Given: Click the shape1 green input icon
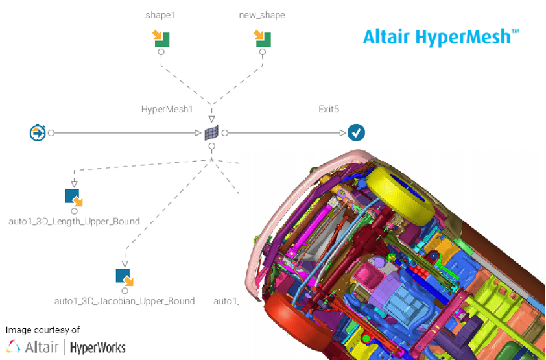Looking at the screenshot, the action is click(x=161, y=38).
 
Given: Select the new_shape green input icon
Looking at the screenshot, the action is click(x=262, y=38).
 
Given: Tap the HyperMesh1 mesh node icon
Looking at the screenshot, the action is click(x=211, y=133).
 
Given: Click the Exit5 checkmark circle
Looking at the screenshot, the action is click(x=356, y=133).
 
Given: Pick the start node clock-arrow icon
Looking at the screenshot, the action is click(x=38, y=133).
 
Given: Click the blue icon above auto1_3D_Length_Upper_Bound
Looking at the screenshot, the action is click(x=74, y=197).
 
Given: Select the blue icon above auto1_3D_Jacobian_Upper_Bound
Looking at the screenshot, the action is click(x=125, y=277).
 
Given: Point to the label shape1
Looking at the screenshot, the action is click(x=161, y=15).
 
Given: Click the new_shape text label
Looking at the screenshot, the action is click(x=262, y=15).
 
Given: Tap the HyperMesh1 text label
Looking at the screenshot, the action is click(x=167, y=109).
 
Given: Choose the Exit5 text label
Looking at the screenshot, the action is click(x=329, y=109).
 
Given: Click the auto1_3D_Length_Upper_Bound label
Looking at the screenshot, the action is click(x=74, y=221).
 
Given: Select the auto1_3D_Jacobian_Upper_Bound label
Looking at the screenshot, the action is click(x=125, y=301).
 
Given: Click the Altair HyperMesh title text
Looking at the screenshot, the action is click(x=441, y=37).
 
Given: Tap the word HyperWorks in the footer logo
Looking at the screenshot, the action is click(x=98, y=348).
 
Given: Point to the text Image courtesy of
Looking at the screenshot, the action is click(x=43, y=330).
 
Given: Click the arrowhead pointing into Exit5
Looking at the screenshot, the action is click(x=342, y=133).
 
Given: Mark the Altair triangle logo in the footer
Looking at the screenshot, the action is click(x=13, y=347).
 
